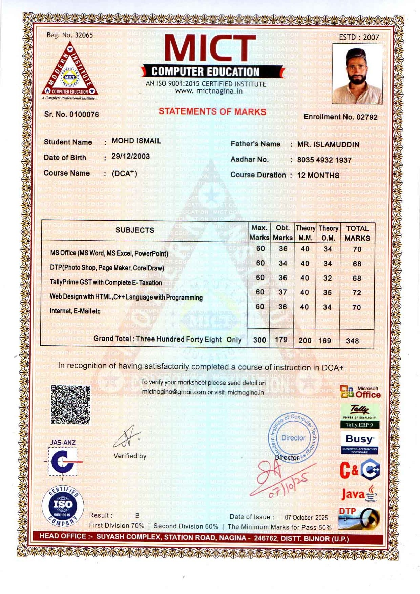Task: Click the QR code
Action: click(x=70, y=405)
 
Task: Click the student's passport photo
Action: click(x=357, y=74)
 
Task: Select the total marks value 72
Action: click(x=357, y=293)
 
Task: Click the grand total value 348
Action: click(x=352, y=341)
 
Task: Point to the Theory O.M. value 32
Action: click(x=328, y=278)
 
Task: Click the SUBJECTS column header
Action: click(x=135, y=230)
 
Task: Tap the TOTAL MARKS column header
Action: click(x=357, y=233)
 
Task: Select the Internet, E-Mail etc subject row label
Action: click(x=75, y=311)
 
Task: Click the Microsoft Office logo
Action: click(x=360, y=392)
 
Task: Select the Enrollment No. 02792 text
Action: click(x=340, y=117)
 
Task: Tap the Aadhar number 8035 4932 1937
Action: click(x=324, y=160)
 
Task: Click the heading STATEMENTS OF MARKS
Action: click(x=212, y=111)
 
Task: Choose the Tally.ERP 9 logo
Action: click(x=359, y=416)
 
